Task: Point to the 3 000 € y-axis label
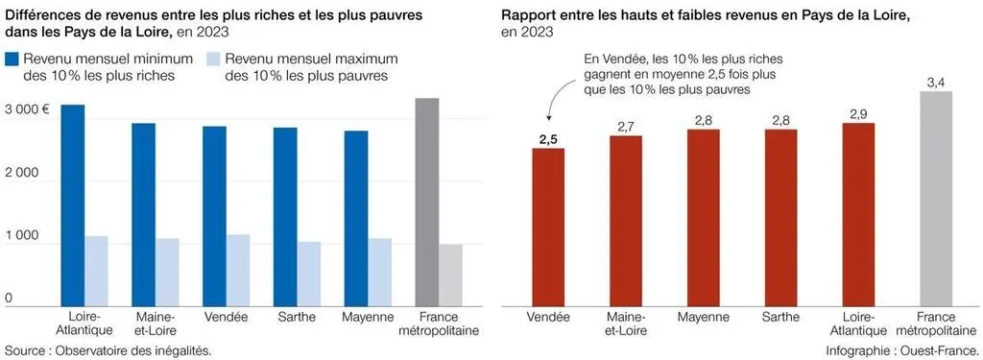[27, 109]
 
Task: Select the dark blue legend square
[13, 60]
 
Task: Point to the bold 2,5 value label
[548, 139]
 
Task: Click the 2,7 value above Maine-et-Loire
[626, 127]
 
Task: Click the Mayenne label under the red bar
[703, 317]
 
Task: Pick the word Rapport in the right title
[529, 17]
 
